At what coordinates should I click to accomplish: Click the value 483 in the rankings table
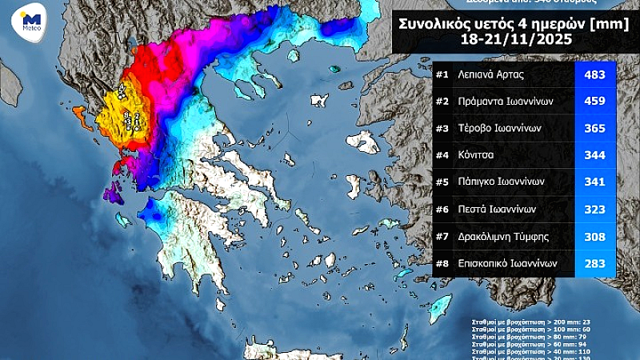click(594, 75)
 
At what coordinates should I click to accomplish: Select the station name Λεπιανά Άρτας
click(492, 75)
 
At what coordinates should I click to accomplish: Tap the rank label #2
click(442, 102)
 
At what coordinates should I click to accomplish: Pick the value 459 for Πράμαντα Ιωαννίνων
click(594, 102)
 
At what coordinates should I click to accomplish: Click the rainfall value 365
click(594, 128)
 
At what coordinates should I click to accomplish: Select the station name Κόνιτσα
click(478, 155)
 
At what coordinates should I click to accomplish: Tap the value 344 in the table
click(594, 155)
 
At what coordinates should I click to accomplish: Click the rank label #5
click(442, 182)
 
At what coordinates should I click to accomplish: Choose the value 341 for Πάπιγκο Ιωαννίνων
click(594, 182)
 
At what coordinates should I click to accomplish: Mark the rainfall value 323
click(594, 209)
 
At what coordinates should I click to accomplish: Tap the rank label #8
click(442, 262)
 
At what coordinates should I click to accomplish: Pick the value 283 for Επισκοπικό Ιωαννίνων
click(594, 262)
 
